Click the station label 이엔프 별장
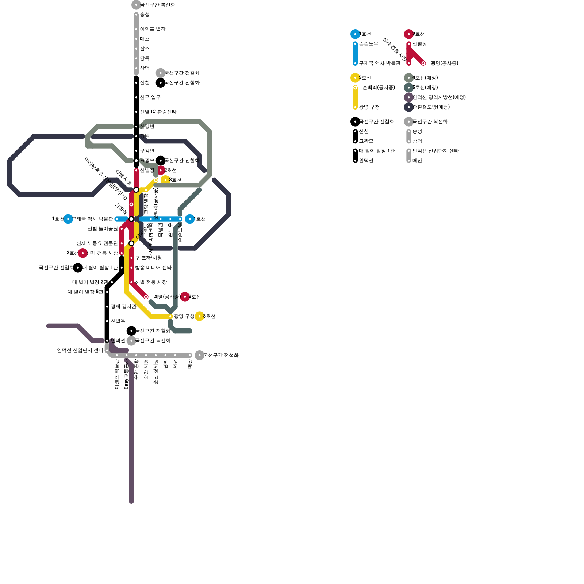pyautogui.click(x=153, y=29)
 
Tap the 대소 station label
pyautogui.click(x=145, y=39)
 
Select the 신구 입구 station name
pyautogui.click(x=150, y=97)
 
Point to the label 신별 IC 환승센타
pyautogui.click(x=158, y=112)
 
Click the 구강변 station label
pyautogui.click(x=147, y=151)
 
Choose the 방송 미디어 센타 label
pyautogui.click(x=153, y=268)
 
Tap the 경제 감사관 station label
pyautogui.click(x=123, y=307)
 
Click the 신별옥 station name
pyautogui.click(x=118, y=321)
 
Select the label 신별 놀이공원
pyautogui.click(x=103, y=229)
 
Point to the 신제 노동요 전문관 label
pyautogui.click(x=97, y=243)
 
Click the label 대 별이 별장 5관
pyautogui.click(x=85, y=292)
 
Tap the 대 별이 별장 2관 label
pyautogui.click(x=90, y=282)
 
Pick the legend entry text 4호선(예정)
pyautogui.click(x=425, y=78)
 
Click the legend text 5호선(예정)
pyautogui.click(x=425, y=88)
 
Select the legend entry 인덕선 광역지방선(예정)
pyautogui.click(x=439, y=97)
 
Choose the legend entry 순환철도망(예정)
pyautogui.click(x=431, y=107)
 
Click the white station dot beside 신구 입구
pyautogui.click(x=136, y=97)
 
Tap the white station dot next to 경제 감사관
pyautogui.click(x=107, y=307)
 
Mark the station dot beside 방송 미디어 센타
pyautogui.click(x=131, y=268)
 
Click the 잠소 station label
pyautogui.click(x=145, y=49)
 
